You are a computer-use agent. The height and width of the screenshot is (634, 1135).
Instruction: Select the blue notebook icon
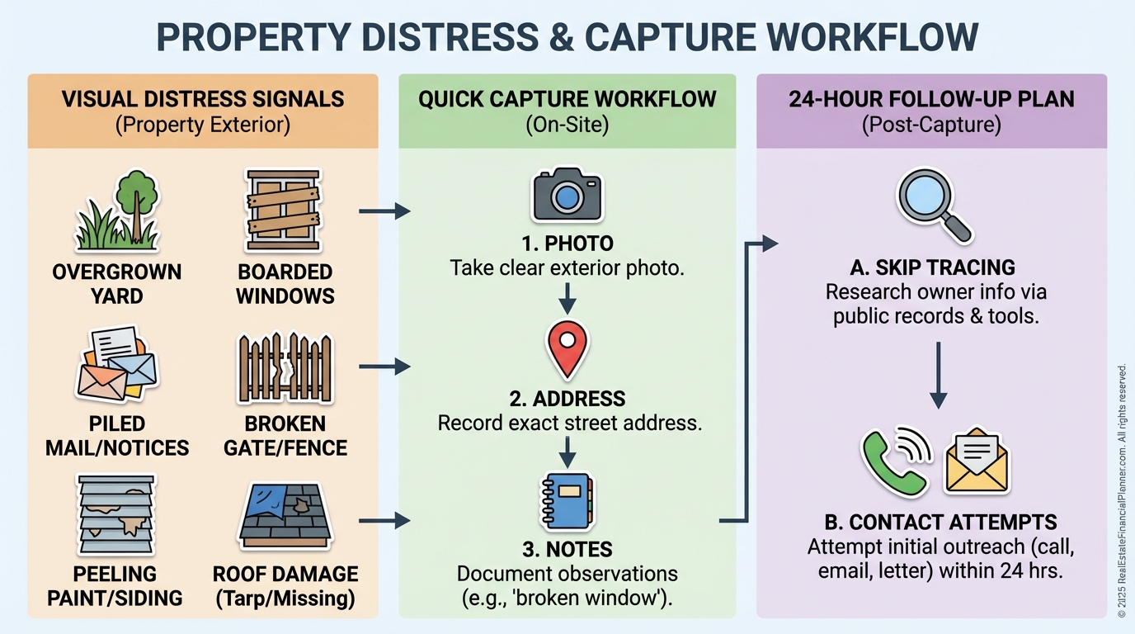click(567, 499)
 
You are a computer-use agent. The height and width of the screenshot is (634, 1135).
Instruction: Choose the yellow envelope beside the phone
click(977, 461)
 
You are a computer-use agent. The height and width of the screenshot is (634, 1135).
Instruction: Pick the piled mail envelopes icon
click(116, 366)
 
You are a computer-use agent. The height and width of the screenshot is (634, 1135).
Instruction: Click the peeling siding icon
click(116, 515)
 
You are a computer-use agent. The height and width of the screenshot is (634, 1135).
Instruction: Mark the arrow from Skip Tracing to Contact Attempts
click(938, 376)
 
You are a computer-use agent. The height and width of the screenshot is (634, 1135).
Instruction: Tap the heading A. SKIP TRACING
click(933, 267)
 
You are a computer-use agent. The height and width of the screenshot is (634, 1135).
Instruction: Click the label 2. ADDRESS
click(567, 399)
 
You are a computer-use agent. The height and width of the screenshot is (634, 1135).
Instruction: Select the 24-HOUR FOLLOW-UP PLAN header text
click(931, 100)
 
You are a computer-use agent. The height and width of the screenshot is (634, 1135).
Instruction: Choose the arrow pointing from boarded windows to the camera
click(384, 211)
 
